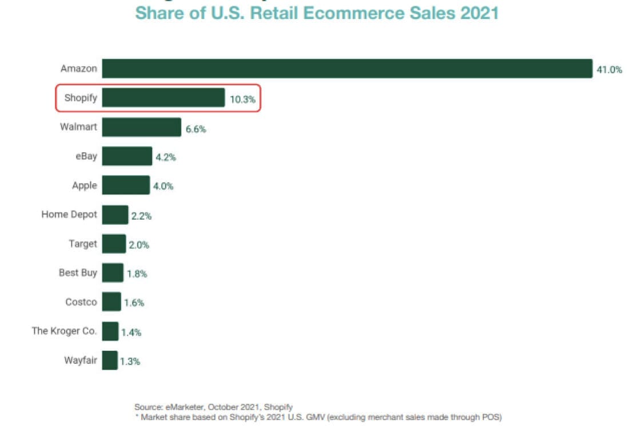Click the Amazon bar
tap(347, 69)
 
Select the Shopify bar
tap(163, 98)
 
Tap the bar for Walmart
tap(142, 127)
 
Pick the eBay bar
tap(127, 156)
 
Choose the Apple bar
tap(126, 185)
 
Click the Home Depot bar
tap(115, 215)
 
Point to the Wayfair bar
tap(110, 360)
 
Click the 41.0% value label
tap(609, 70)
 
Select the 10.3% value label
tap(242, 100)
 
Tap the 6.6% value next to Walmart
tap(195, 129)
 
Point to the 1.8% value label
tap(137, 274)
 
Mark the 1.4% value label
tap(131, 332)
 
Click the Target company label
tap(83, 244)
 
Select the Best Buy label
tap(78, 273)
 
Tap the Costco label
tap(81, 302)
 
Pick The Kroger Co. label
tap(64, 331)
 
